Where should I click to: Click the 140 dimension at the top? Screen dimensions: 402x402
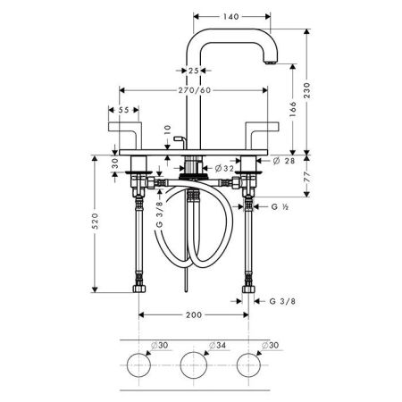point(231,17)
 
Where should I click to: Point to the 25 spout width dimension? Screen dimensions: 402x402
point(194,71)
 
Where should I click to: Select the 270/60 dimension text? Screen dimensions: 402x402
point(195,90)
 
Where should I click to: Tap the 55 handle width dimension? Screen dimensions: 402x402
point(123,110)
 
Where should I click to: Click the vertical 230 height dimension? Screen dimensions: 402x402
point(306,90)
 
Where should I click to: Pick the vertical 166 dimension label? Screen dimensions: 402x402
point(293,109)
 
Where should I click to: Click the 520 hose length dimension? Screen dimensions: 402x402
point(95,221)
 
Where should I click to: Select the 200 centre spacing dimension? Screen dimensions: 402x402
point(194,315)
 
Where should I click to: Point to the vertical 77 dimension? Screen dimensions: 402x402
point(307,177)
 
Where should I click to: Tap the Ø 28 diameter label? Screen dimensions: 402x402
point(284,161)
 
